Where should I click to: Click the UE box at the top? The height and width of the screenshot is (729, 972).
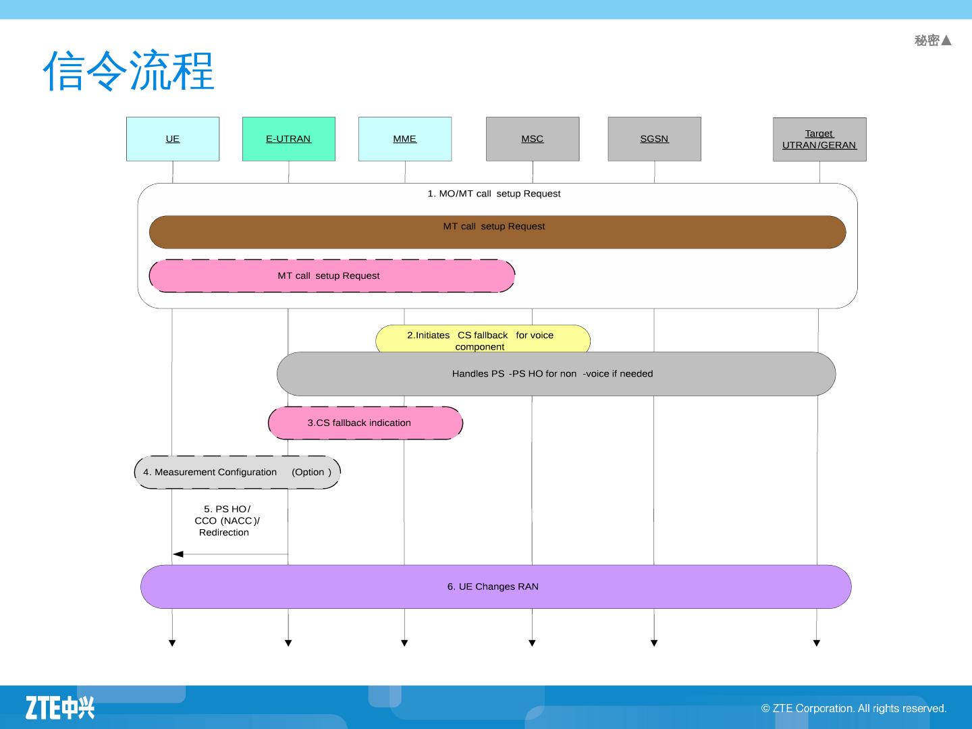[173, 139]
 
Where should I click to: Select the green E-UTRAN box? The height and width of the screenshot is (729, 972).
[288, 139]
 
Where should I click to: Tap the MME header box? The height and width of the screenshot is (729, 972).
[404, 139]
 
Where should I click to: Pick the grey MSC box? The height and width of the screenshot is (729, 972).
[533, 139]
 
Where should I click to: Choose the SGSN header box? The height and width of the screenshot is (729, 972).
[654, 139]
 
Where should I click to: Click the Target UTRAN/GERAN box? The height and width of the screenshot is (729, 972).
[819, 140]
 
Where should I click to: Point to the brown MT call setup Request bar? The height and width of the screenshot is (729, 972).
[497, 233]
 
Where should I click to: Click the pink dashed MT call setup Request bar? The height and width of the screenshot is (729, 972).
[331, 276]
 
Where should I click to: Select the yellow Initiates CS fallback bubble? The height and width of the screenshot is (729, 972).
[483, 339]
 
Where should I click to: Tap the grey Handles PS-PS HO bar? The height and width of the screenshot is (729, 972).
[556, 374]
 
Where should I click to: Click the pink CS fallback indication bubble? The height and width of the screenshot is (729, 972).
[365, 423]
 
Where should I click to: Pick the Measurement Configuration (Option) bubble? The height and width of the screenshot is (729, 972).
[237, 473]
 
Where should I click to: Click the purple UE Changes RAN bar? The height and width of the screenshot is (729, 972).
[495, 587]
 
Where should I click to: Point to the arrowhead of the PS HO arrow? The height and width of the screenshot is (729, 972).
[178, 554]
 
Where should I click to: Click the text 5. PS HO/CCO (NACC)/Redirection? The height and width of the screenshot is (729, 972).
[226, 520]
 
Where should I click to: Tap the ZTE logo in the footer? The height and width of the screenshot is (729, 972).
[60, 707]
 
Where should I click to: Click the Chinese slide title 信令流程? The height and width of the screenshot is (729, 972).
[128, 71]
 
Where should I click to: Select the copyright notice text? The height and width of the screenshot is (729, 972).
[854, 708]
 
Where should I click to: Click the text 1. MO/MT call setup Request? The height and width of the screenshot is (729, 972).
[493, 194]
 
